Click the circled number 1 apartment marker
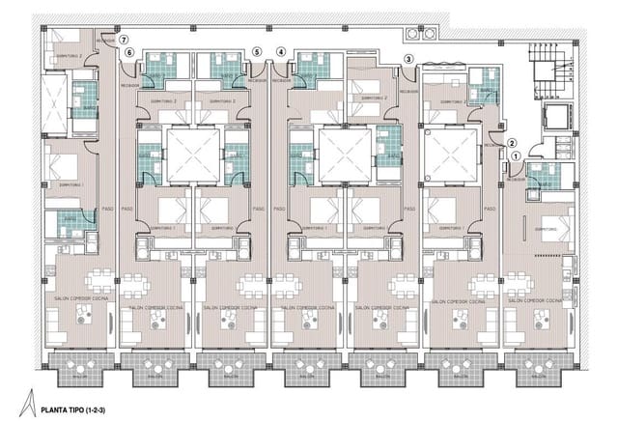coord(516,155)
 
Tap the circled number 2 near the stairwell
coord(513,138)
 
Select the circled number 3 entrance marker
coord(408,60)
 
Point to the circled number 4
coord(281,51)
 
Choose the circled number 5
coord(256,51)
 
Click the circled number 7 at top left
coord(124,40)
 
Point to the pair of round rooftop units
coord(423,33)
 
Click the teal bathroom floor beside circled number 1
coord(545,175)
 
